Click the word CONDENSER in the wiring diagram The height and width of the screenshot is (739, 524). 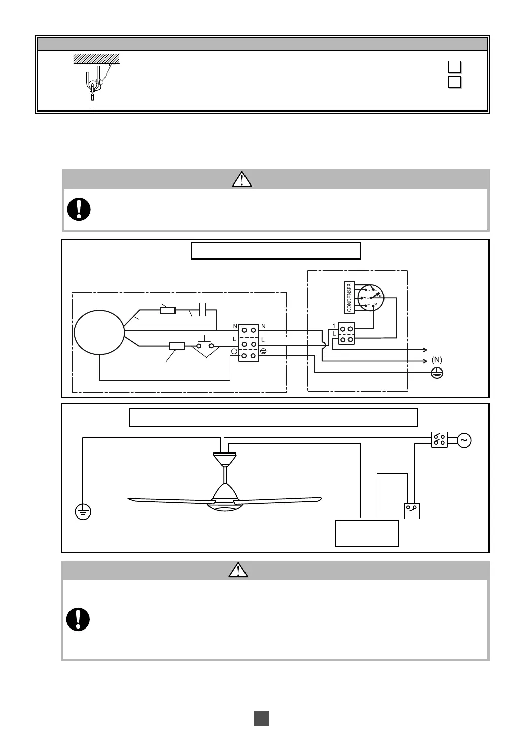pyautogui.click(x=350, y=297)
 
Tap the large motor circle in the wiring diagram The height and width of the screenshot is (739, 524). pyautogui.click(x=99, y=332)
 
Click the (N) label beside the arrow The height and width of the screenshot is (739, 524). pyautogui.click(x=437, y=360)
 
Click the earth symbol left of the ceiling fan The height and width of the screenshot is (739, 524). pyautogui.click(x=83, y=512)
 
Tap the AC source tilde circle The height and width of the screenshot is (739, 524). pyautogui.click(x=464, y=440)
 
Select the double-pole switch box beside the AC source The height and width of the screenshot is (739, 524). pyautogui.click(x=439, y=440)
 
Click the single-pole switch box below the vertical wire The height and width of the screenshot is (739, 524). pyautogui.click(x=412, y=510)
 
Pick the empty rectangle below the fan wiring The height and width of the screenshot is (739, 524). pyautogui.click(x=367, y=533)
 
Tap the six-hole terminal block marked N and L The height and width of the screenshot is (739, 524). pyautogui.click(x=249, y=343)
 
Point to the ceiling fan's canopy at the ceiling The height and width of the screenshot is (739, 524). pyautogui.click(x=225, y=459)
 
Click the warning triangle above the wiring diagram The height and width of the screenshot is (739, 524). pyautogui.click(x=242, y=179)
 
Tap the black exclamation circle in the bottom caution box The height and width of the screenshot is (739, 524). pyautogui.click(x=79, y=619)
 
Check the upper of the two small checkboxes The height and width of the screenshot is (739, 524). pyautogui.click(x=455, y=67)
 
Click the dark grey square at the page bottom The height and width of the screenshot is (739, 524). pyautogui.click(x=262, y=718)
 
